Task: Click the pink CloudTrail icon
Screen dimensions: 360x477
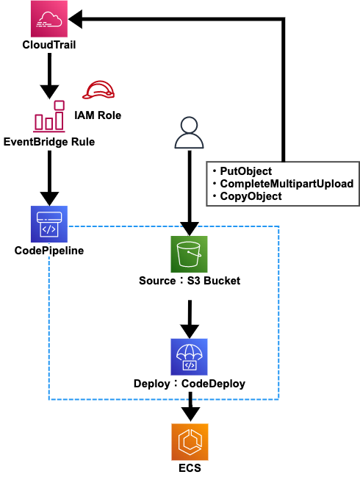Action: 49,18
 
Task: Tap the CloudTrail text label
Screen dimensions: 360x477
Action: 49,45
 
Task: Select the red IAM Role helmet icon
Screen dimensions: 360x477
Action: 98,90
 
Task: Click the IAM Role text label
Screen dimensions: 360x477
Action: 98,115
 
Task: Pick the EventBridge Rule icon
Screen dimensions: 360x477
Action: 49,116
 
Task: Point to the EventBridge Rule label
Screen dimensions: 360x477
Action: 49,142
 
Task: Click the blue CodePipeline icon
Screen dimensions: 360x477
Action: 49,224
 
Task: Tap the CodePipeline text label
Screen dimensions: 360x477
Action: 49,251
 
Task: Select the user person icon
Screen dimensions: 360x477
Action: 189,132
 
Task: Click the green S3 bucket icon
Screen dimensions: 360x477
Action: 189,254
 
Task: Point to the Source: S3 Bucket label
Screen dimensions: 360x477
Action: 190,281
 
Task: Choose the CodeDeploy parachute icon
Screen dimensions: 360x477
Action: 189,357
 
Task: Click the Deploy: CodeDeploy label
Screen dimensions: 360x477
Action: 190,384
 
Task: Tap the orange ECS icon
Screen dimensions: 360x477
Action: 190,442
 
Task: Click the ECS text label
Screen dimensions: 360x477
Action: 190,468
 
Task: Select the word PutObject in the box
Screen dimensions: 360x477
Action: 246,171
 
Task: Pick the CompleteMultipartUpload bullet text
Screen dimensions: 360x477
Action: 287,184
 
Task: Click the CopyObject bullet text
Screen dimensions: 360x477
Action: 251,196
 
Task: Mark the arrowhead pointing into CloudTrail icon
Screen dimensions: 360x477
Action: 76,19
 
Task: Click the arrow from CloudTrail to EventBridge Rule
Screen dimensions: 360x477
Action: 49,76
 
